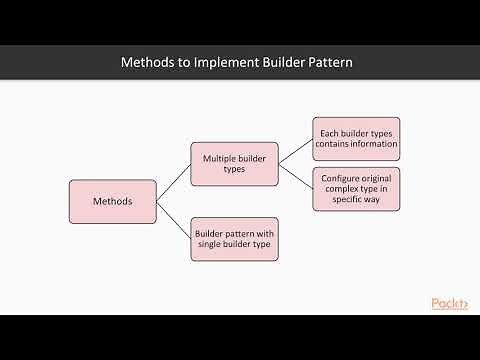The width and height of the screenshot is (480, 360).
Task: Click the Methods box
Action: [x=112, y=201]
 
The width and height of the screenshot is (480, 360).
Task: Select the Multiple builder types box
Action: [x=234, y=164]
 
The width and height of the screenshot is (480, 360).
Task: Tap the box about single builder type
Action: [x=234, y=239]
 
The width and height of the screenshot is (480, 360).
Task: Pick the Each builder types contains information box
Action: [x=356, y=137]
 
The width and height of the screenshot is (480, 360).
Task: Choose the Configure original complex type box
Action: [x=356, y=189]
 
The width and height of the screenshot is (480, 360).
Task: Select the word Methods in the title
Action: [x=148, y=63]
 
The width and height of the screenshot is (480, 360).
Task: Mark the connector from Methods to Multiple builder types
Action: [x=173, y=183]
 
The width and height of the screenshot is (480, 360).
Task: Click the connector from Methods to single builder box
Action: [x=173, y=220]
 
